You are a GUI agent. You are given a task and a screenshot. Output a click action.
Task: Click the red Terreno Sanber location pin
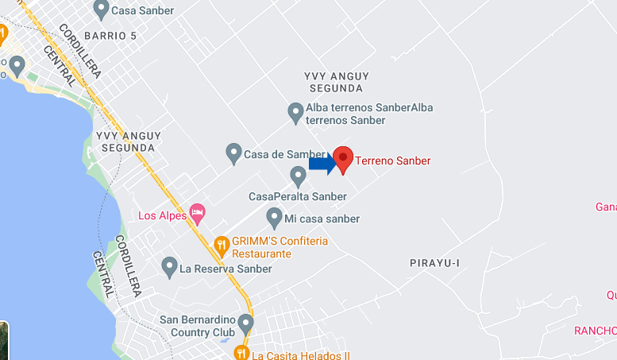click(343, 159)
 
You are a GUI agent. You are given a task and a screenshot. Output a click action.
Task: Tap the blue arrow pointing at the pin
click(322, 164)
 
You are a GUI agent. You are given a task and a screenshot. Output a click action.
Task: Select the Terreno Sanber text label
click(392, 161)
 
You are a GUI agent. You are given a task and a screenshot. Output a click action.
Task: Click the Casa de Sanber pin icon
click(233, 152)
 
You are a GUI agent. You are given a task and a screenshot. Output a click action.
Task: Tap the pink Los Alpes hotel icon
click(197, 213)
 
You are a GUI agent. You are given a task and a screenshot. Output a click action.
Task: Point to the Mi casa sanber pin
click(274, 216)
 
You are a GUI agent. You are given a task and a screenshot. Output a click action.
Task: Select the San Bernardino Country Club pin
click(245, 323)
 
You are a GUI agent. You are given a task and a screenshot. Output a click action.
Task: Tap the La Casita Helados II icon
click(241, 352)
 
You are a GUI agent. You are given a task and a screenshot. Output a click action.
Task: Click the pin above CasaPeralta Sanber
click(298, 175)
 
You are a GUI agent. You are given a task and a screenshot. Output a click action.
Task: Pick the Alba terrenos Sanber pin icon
click(295, 112)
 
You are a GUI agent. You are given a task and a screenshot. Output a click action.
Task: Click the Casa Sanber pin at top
click(101, 9)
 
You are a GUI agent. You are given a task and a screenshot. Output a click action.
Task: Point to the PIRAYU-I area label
click(435, 263)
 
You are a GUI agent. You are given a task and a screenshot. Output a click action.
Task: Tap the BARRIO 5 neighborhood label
click(110, 36)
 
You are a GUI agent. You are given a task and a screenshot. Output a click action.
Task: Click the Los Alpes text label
click(162, 215)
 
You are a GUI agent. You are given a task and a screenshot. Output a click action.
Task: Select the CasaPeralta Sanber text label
click(297, 196)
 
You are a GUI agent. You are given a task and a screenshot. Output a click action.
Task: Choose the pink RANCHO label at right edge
click(596, 331)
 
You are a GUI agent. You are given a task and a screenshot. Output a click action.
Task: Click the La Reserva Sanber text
click(226, 269)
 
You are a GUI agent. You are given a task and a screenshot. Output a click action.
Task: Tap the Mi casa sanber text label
click(323, 219)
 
